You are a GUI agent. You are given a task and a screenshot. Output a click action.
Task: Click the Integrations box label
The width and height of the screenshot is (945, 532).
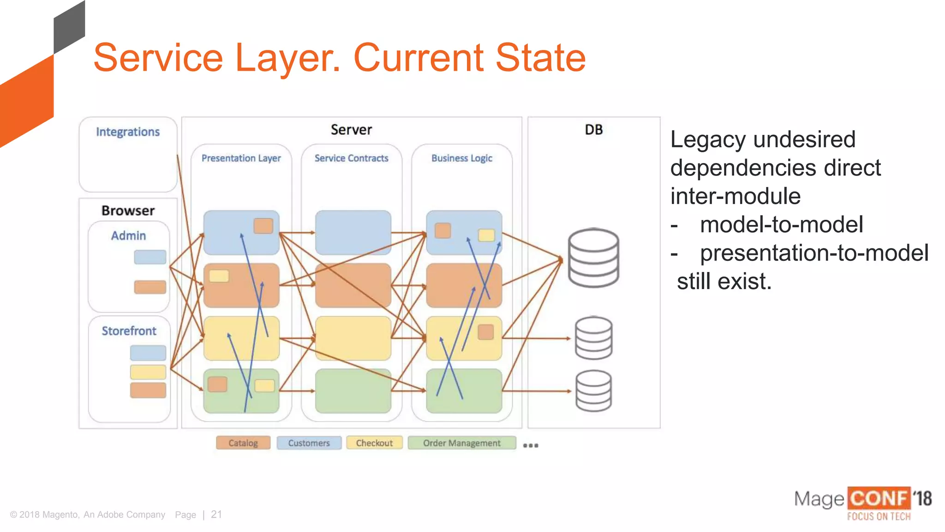tap(128, 132)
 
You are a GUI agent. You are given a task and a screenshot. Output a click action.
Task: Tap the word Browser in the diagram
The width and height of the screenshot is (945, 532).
tap(128, 211)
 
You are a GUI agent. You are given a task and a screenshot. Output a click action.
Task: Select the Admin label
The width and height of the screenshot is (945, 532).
tap(128, 236)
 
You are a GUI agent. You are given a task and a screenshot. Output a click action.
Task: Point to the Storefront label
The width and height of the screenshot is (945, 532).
tap(129, 331)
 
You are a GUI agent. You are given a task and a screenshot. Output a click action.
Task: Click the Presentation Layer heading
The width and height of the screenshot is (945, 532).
tap(241, 158)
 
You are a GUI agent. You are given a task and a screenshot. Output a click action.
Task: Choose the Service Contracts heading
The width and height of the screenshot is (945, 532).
tap(351, 158)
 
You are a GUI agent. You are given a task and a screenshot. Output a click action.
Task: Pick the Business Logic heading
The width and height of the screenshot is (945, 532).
tap(461, 158)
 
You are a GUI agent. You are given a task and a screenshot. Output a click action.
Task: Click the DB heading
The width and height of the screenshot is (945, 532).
tap(593, 130)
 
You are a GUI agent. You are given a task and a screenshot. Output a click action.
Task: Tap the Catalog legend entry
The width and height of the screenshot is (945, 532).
tap(243, 443)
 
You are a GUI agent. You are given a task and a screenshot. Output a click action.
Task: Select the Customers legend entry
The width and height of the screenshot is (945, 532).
tap(309, 443)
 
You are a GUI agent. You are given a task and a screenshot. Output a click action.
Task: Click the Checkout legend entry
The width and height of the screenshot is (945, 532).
tap(374, 443)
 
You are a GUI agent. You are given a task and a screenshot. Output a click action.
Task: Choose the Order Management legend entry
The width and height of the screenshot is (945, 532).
tap(461, 443)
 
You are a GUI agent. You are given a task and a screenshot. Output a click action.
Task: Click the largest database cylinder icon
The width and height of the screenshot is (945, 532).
tap(593, 258)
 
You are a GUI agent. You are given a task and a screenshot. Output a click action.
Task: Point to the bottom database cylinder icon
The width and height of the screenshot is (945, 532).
tap(593, 391)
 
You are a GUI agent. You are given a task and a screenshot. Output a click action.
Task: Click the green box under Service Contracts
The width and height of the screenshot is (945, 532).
tap(353, 391)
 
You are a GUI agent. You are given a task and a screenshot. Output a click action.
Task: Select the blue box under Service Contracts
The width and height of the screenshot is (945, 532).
tap(353, 232)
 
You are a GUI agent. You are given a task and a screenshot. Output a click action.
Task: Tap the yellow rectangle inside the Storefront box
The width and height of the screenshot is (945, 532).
tap(148, 372)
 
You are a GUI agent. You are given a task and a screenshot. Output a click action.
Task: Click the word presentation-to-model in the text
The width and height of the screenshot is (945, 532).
tap(814, 253)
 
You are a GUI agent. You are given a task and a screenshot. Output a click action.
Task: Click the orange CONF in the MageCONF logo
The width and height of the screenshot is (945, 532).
tap(879, 499)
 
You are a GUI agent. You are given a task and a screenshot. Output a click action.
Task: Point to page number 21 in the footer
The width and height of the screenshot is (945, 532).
tap(216, 514)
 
